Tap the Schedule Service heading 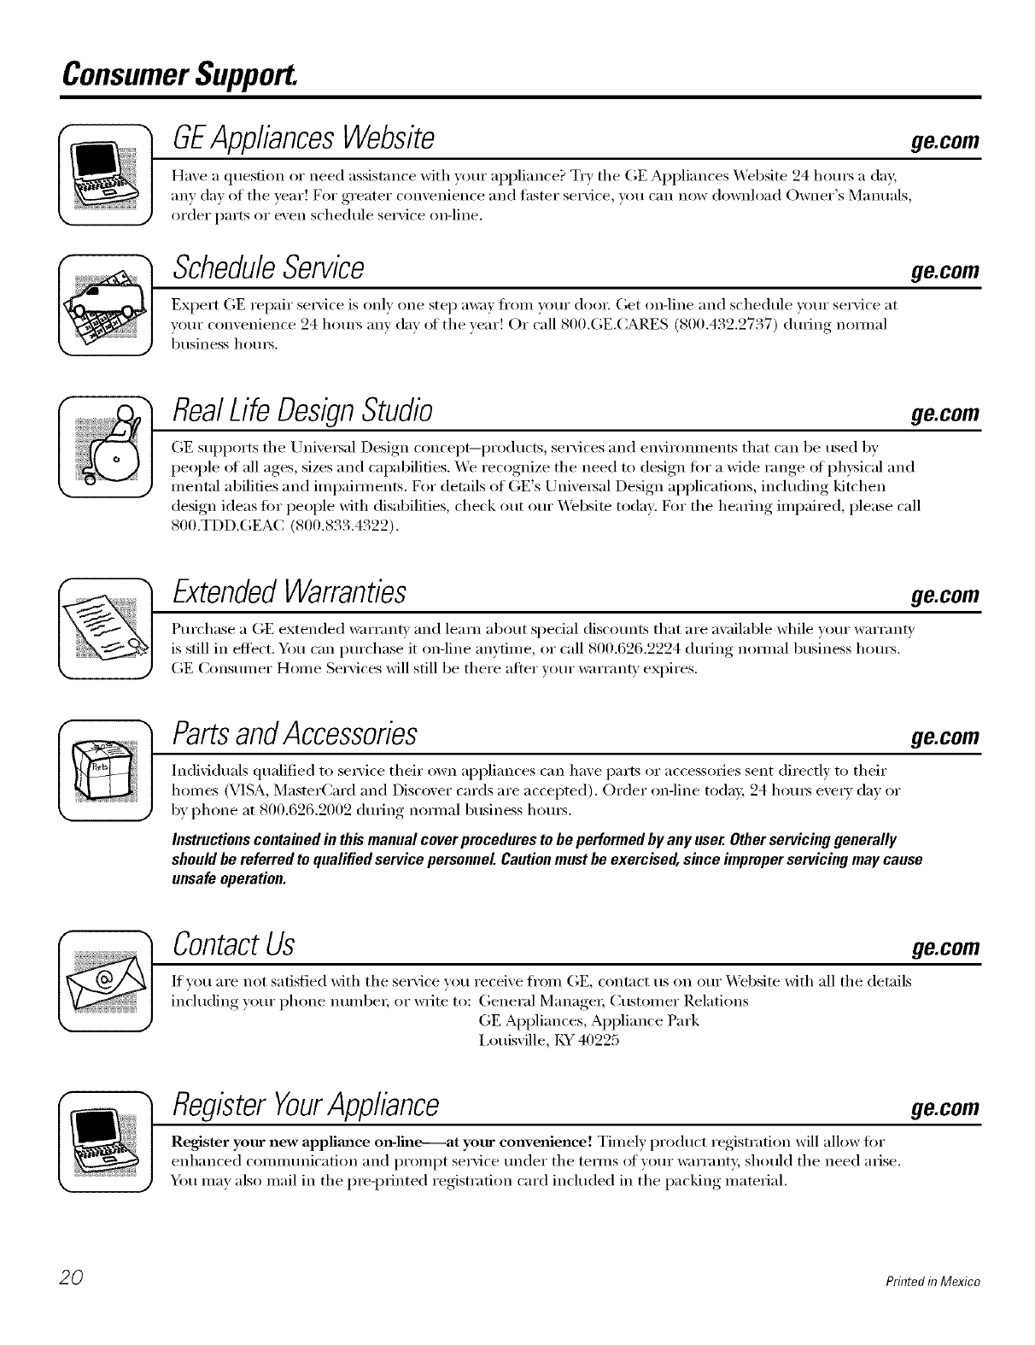coord(268,269)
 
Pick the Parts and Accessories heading coord(295,733)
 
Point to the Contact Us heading coord(233,944)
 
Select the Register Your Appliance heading coord(306,1106)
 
